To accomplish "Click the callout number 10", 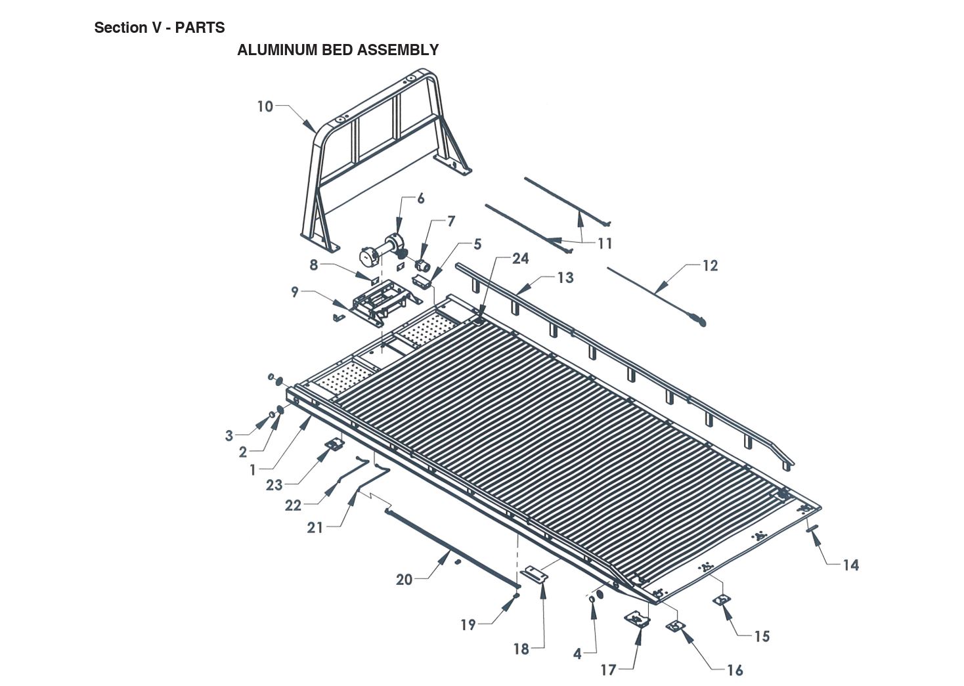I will click(265, 106).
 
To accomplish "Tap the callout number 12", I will click(710, 266).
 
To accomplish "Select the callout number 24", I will click(520, 259).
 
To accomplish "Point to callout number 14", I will click(850, 565).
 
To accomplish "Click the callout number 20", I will click(404, 580).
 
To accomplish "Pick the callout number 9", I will click(295, 292).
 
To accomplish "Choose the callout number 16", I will click(735, 670).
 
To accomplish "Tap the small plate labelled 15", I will click(722, 600).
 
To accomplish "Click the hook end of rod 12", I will click(698, 320).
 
